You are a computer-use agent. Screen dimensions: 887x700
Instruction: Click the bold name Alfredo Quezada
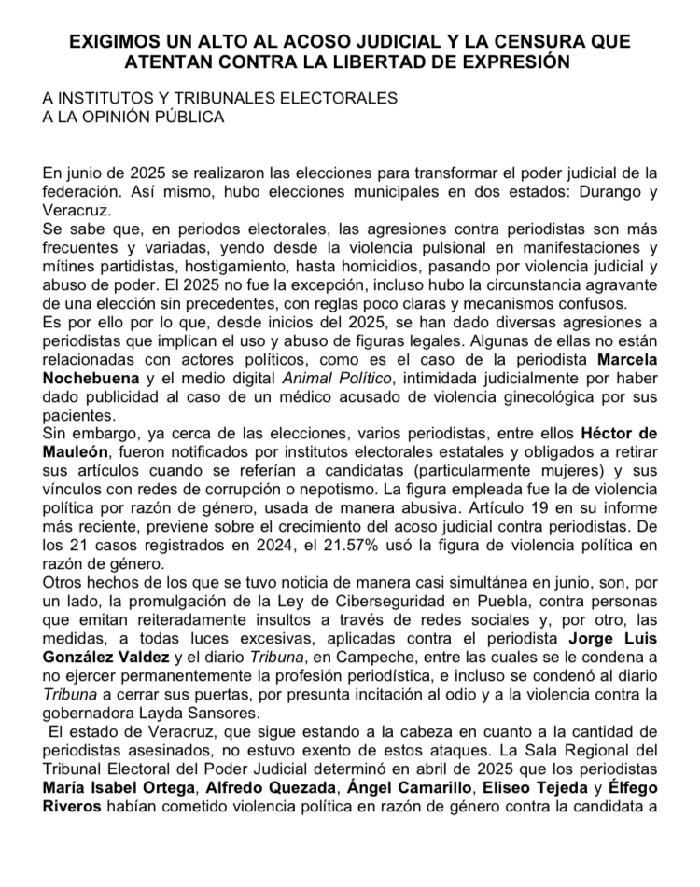coord(262,789)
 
